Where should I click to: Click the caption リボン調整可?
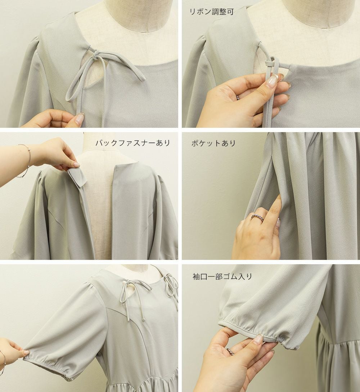tap(212, 12)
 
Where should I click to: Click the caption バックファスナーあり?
tap(133, 143)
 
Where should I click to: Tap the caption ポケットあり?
tap(213, 143)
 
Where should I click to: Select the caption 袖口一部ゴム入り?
tap(222, 276)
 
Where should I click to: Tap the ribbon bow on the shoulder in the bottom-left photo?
tap(171, 284)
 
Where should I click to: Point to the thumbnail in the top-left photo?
tap(80, 117)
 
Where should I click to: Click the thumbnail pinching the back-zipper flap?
tap(75, 165)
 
